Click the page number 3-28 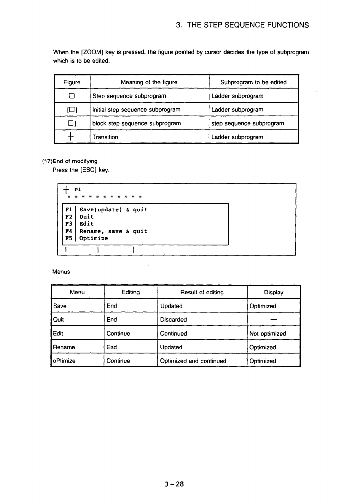(x=174, y=484)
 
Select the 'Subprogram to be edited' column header (x=253, y=82)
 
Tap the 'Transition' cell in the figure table (x=105, y=137)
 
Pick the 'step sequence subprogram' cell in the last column (x=248, y=123)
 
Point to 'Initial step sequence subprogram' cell (x=136, y=110)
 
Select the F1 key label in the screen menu (x=69, y=210)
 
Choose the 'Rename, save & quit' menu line (x=113, y=231)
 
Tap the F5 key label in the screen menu (x=69, y=238)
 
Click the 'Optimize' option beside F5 (x=94, y=238)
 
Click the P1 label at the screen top (x=78, y=189)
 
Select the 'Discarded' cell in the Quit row (x=173, y=320)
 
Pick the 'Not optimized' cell (x=267, y=334)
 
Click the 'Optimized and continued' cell (x=193, y=361)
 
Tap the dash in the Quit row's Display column (x=273, y=320)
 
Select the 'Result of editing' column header (x=202, y=292)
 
